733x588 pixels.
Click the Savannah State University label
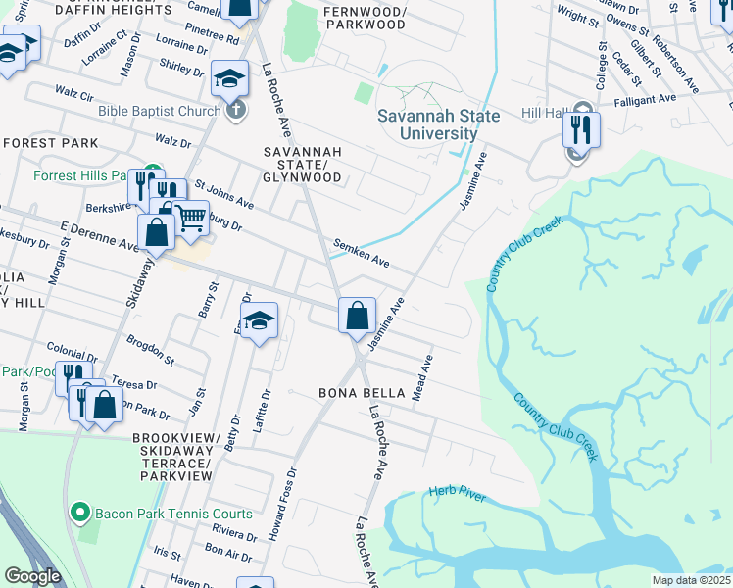439,124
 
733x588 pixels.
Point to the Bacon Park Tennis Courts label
173,514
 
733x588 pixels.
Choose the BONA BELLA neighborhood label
362,393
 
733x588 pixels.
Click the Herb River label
457,497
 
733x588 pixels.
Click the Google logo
32,576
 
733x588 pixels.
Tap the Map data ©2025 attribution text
692,580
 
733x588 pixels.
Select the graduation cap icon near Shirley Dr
229,79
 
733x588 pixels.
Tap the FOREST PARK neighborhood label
50,143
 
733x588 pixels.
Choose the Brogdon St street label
150,350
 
